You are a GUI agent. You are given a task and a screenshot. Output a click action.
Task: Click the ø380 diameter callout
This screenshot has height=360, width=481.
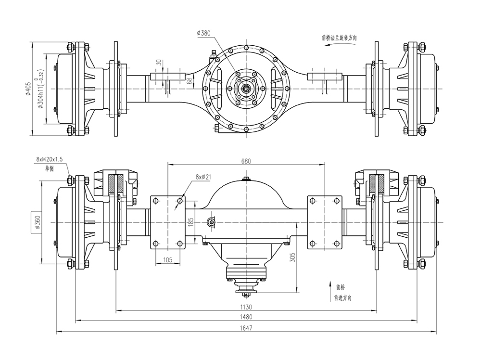coord(204,33)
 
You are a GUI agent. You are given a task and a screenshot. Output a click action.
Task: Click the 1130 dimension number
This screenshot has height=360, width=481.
coord(246,307)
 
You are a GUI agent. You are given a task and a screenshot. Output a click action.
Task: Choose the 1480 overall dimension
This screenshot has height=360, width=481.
coord(246,317)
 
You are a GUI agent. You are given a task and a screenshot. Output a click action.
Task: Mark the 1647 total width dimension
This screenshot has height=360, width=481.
coord(246,327)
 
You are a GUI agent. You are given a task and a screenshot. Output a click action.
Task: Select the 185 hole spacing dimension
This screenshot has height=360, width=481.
coord(190,222)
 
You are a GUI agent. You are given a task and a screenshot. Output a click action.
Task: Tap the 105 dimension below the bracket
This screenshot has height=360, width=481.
coord(168,260)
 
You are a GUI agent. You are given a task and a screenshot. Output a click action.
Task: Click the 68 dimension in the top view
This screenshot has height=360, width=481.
coord(176,80)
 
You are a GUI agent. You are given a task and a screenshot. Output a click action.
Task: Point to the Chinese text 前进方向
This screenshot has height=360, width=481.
coord(342,298)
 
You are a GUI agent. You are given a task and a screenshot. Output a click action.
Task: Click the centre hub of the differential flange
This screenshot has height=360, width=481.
coord(246,89)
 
